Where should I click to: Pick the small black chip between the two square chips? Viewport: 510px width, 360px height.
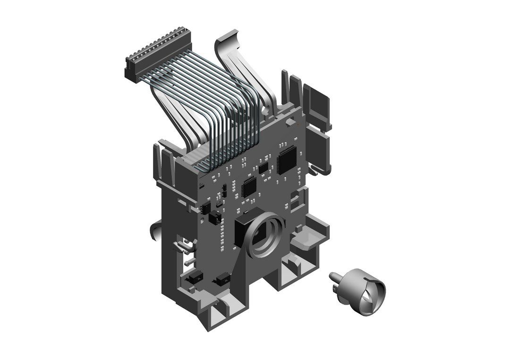[263, 167]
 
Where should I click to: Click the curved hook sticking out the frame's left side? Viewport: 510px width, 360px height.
[154, 231]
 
